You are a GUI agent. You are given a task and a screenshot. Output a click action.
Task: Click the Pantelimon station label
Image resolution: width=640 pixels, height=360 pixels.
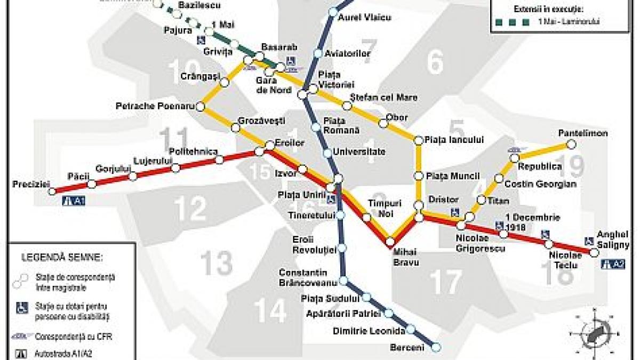[583, 133]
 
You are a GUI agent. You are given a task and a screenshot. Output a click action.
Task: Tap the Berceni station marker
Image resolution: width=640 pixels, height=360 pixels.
[436, 347]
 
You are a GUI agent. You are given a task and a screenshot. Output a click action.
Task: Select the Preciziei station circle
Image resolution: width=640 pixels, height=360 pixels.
[52, 191]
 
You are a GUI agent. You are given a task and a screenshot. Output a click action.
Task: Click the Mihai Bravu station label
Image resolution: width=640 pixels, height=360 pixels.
[406, 257]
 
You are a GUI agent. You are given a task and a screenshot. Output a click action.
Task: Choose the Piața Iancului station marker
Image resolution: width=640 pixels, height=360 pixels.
[418, 140]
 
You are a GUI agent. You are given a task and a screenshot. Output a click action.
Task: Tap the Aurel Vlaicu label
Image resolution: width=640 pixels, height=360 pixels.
[365, 18]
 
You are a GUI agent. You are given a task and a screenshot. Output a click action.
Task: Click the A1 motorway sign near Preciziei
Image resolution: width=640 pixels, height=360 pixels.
[74, 202]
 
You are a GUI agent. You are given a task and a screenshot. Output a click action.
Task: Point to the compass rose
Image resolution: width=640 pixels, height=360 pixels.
[593, 333]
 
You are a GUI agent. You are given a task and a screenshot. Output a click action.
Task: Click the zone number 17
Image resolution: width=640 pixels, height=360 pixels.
[446, 283]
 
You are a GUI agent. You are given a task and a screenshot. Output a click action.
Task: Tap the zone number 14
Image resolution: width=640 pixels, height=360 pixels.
[270, 311]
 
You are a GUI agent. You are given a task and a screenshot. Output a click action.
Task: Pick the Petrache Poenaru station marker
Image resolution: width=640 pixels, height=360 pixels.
[200, 107]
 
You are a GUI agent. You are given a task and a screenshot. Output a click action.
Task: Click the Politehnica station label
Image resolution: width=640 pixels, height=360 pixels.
[193, 151]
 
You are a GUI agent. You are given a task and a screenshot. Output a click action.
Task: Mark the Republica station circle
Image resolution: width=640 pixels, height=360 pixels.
[515, 158]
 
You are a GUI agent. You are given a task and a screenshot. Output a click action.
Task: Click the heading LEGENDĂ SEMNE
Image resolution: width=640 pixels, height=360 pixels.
[62, 257]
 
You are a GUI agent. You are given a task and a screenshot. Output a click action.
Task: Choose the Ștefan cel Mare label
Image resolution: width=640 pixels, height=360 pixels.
[383, 97]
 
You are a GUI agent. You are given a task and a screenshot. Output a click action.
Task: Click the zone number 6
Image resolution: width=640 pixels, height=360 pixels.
[435, 63]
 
